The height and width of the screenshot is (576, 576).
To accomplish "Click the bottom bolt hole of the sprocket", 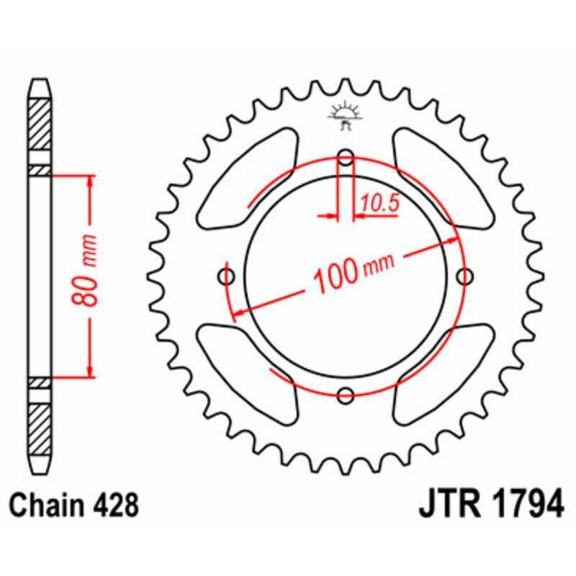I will click(x=346, y=394).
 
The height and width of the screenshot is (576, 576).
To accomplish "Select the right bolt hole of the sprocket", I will click(x=464, y=276).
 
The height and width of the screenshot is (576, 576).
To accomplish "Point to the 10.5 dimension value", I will click(x=379, y=204).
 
